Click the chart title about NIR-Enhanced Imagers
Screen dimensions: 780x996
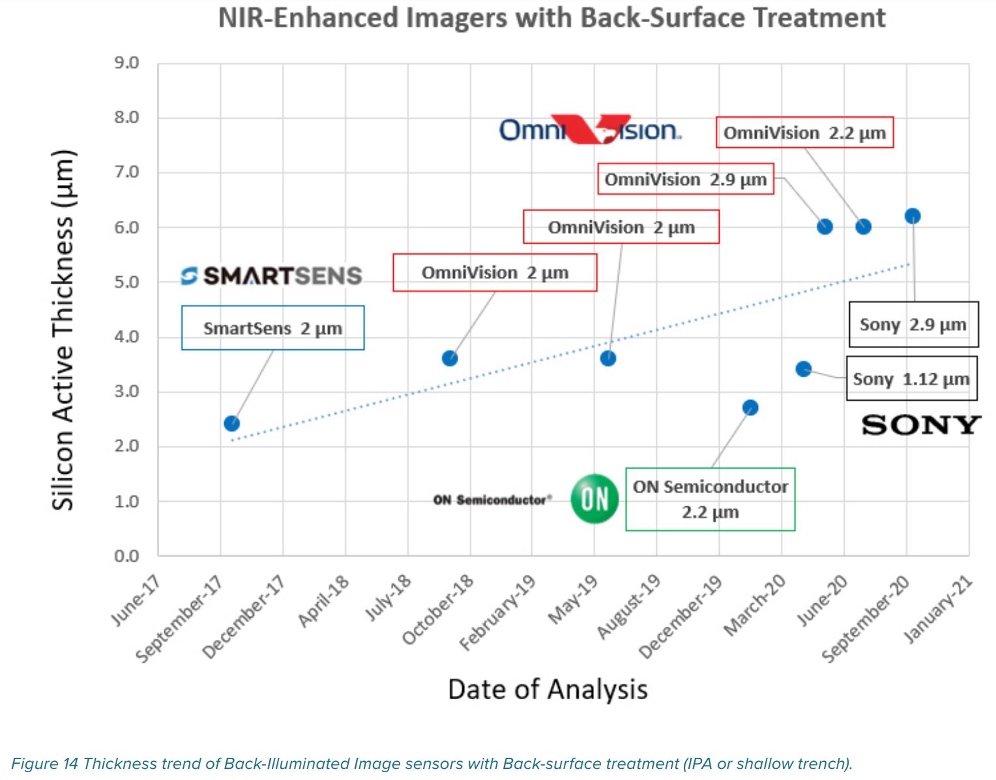[x=551, y=18]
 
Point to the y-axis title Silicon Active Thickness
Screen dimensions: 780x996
[x=63, y=330]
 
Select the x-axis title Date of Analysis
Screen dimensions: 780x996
[x=548, y=689]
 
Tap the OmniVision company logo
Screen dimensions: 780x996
[x=590, y=130]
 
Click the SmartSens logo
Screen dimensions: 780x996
[x=271, y=276]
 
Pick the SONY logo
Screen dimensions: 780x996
[x=920, y=425]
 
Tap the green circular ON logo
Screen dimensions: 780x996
[x=594, y=499]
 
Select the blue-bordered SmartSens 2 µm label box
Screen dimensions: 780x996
[x=272, y=328]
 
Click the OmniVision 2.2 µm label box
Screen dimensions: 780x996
[x=804, y=133]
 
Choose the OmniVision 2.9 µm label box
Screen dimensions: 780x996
[x=686, y=179]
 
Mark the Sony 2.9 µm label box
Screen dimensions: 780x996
[x=913, y=325]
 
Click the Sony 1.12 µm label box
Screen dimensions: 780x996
[x=911, y=379]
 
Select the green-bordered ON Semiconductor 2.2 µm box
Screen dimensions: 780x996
[x=710, y=499]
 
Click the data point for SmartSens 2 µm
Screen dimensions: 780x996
[x=231, y=424]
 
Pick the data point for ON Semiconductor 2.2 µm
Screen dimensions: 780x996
[x=750, y=407]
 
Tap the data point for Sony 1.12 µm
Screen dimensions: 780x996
[x=804, y=369]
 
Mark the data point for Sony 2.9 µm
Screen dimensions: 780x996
[x=913, y=216]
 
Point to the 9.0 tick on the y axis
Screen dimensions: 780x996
[x=126, y=63]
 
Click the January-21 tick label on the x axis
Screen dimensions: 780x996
[x=939, y=610]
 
